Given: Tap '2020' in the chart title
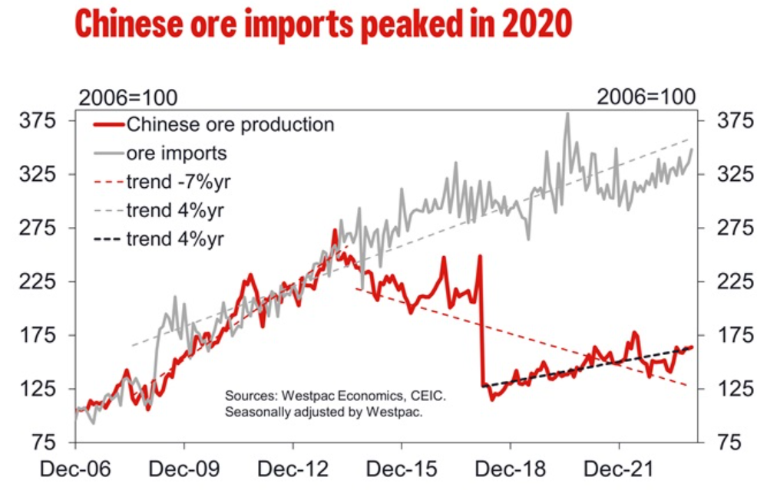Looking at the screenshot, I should [x=537, y=25].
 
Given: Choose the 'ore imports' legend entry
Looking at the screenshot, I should [x=176, y=153].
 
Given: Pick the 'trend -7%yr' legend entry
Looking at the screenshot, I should [x=180, y=182].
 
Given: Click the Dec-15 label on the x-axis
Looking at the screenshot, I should [x=401, y=468].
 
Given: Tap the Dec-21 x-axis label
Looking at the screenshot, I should [x=619, y=468].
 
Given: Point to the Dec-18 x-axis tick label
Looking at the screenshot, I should [x=510, y=468].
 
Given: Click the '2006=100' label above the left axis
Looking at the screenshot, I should [x=128, y=97].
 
